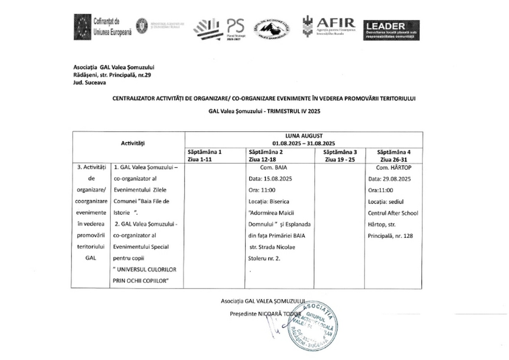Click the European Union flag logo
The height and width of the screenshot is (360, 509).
tap(82, 27)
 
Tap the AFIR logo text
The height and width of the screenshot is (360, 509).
tap(336, 23)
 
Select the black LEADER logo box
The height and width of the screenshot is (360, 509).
tap(391, 30)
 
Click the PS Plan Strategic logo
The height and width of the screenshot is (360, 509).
tap(235, 28)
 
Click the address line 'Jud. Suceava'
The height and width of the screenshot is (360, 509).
tap(90, 83)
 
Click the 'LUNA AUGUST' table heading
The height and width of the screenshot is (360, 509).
tap(303, 135)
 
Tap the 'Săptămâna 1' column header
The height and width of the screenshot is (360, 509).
tap(205, 152)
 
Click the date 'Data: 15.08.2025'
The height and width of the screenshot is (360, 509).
tap(270, 179)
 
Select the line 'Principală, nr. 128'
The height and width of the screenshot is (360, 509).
tap(390, 236)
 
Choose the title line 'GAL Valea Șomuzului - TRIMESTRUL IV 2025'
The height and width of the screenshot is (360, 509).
tap(264, 112)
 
